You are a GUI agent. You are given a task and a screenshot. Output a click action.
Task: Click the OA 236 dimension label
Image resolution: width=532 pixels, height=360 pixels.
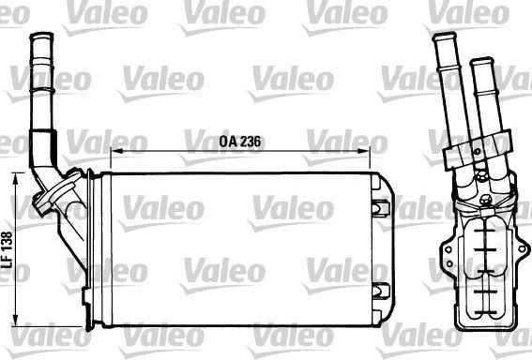[239, 142]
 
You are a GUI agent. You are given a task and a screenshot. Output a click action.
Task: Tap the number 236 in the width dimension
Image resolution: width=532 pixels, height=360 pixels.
[250, 142]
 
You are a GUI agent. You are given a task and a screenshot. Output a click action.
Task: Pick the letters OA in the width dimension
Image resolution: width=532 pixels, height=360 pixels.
[227, 142]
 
